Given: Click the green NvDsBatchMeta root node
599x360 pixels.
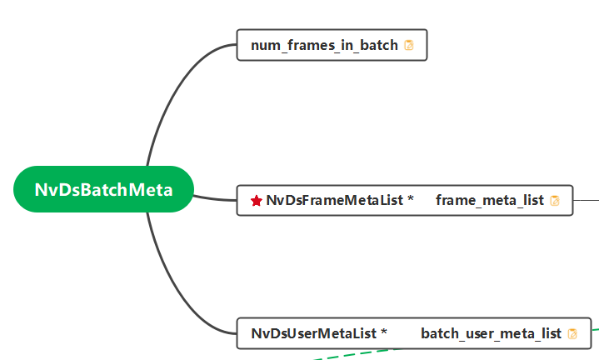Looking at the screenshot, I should [x=103, y=189].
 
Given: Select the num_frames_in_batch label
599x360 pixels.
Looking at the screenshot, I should [x=324, y=45].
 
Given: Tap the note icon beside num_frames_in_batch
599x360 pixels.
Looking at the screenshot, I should [x=409, y=45].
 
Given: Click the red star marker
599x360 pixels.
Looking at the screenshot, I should [x=257, y=201].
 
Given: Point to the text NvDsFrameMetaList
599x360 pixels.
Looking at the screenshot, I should [x=335, y=200].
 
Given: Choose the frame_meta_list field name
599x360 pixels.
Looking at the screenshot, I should [x=489, y=200].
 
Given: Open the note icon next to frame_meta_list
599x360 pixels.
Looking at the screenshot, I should [x=555, y=201].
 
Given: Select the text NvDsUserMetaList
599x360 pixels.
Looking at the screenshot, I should [x=313, y=333].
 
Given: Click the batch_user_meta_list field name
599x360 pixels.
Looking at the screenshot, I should [x=491, y=333].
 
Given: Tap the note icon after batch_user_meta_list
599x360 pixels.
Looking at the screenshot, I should [x=572, y=334].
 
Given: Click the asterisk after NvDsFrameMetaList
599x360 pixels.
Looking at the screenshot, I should [x=411, y=200].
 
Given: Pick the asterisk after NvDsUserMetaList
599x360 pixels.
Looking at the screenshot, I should [x=384, y=333].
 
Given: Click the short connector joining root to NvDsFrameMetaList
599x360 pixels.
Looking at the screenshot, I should [x=215, y=198].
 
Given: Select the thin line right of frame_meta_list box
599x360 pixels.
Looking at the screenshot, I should [x=587, y=200].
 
